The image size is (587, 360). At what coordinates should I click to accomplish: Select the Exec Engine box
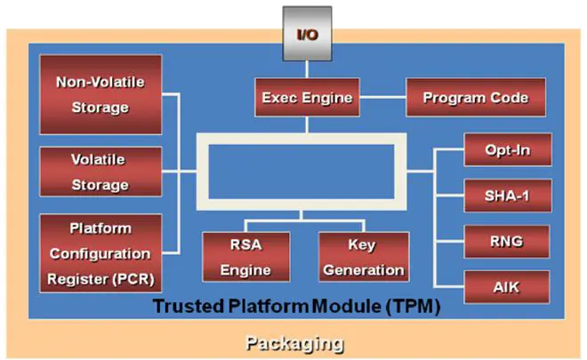[307, 97]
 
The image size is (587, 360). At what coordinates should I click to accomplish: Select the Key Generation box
[363, 256]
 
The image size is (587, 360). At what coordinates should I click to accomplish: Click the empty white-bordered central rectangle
[306, 165]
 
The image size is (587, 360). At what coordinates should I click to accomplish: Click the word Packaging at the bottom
[293, 343]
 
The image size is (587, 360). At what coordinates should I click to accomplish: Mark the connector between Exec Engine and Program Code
[382, 97]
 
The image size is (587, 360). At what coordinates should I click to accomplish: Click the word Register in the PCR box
[73, 278]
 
